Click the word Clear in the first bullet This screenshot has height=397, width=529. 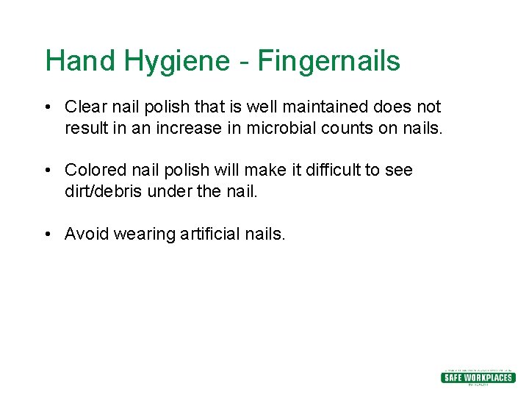click(84, 107)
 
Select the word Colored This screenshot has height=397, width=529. click(96, 170)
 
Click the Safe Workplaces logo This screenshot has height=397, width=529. click(477, 377)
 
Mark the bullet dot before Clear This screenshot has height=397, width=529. click(47, 107)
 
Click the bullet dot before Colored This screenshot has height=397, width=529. click(47, 171)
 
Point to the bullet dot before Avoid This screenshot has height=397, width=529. click(47, 235)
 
